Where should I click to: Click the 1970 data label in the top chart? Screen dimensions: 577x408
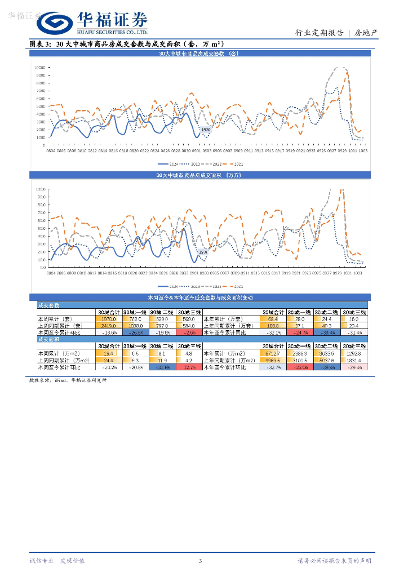[206, 130]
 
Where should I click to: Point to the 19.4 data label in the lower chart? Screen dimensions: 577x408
[203, 252]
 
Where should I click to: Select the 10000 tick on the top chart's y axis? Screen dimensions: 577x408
[40, 67]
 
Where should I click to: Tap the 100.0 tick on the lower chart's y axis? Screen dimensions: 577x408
[40, 189]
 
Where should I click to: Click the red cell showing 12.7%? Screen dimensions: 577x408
[189, 367]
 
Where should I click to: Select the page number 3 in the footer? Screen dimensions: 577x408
[200, 560]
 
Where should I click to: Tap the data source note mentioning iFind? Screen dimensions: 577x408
[67, 380]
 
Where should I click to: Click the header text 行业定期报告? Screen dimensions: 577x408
[319, 33]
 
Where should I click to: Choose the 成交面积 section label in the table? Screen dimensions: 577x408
[48, 339]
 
